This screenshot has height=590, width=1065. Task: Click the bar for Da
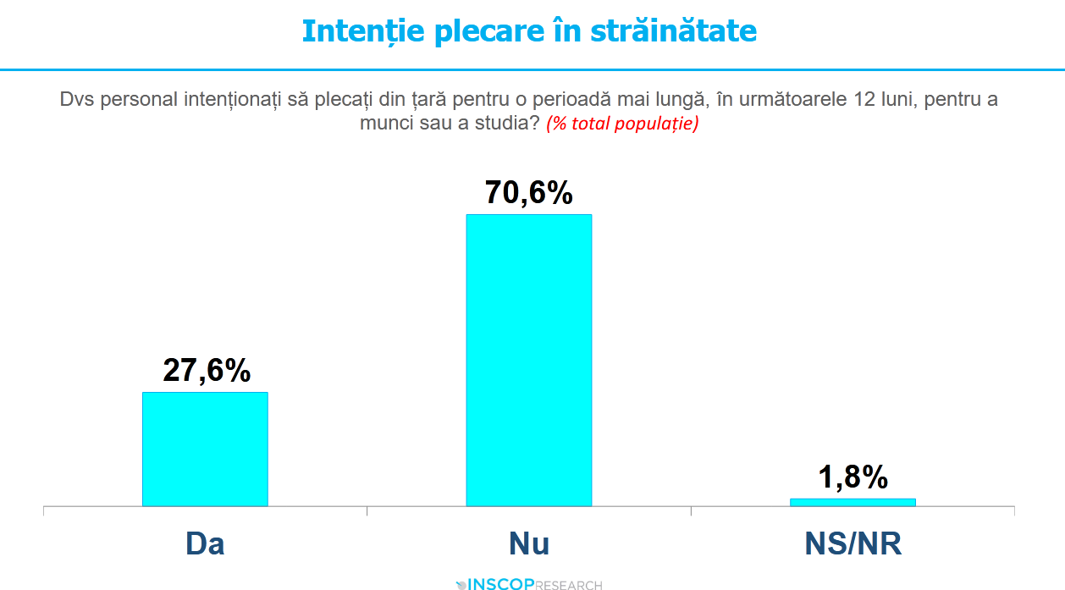click(205, 449)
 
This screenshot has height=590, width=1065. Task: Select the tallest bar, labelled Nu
click(529, 360)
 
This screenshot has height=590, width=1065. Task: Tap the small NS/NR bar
click(853, 502)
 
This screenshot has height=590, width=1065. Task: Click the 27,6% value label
click(207, 370)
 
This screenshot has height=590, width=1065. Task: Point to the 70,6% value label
click(529, 193)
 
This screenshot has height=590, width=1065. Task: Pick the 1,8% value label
click(853, 477)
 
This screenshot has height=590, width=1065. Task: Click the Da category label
click(205, 543)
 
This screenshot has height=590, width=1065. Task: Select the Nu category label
click(529, 543)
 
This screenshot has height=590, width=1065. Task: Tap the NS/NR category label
click(853, 543)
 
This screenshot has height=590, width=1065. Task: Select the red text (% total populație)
click(622, 124)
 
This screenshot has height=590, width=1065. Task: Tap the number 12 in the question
click(860, 99)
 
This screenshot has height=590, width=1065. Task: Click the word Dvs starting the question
click(74, 99)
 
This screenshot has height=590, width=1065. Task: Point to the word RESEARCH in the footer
click(570, 585)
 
